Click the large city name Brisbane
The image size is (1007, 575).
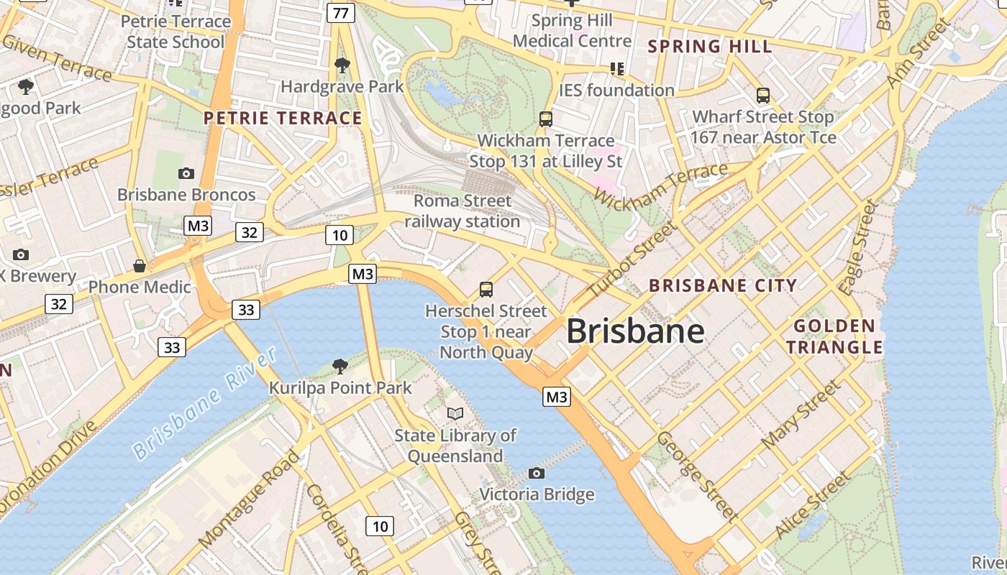(635, 331)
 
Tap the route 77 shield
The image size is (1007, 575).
(341, 12)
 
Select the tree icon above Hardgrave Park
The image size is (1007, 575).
(342, 66)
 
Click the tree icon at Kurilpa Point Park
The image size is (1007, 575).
(340, 367)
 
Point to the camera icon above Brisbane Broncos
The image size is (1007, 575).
(186, 173)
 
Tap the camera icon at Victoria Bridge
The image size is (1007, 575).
(536, 473)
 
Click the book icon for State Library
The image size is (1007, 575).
(455, 413)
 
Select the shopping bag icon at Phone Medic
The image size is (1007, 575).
(140, 266)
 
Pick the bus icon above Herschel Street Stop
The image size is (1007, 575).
(486, 290)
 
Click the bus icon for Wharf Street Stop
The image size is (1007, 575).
(762, 95)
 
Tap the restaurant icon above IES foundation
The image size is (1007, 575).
(616, 69)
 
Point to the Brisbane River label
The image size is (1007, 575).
(205, 403)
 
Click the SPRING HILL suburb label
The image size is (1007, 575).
(709, 47)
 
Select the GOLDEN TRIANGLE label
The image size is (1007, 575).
(834, 337)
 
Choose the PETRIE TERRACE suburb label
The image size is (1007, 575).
(283, 118)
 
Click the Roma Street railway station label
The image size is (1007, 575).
(463, 211)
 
